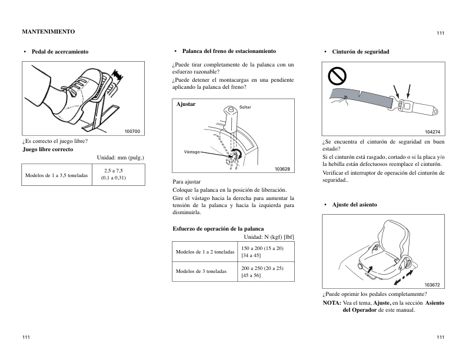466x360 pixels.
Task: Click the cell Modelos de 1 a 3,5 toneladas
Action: pos(56,175)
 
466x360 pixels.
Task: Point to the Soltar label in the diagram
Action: pos(245,107)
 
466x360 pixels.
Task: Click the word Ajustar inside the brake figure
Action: pos(186,104)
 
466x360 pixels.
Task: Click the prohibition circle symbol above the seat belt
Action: pos(338,75)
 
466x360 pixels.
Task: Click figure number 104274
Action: pos(432,131)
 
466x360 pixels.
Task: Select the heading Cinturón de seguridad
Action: pos(360,52)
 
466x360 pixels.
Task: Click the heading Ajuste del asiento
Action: pos(354,204)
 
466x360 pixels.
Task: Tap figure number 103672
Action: pos(432,285)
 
